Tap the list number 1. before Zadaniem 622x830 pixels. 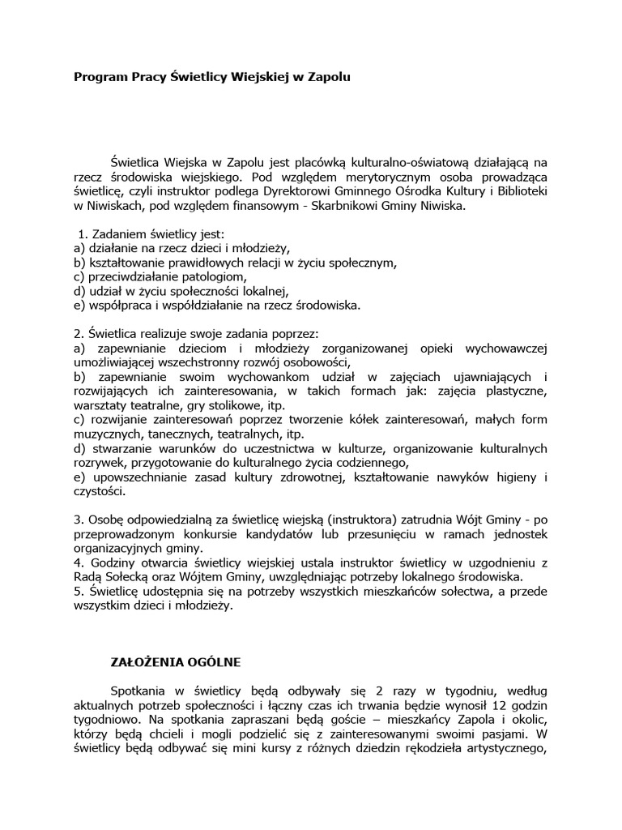tap(79, 234)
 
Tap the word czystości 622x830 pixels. tap(98, 491)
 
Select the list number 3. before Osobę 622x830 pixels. tap(78, 519)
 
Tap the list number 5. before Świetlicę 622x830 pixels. tap(78, 591)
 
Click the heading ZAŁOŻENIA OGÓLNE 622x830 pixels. tap(176, 661)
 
